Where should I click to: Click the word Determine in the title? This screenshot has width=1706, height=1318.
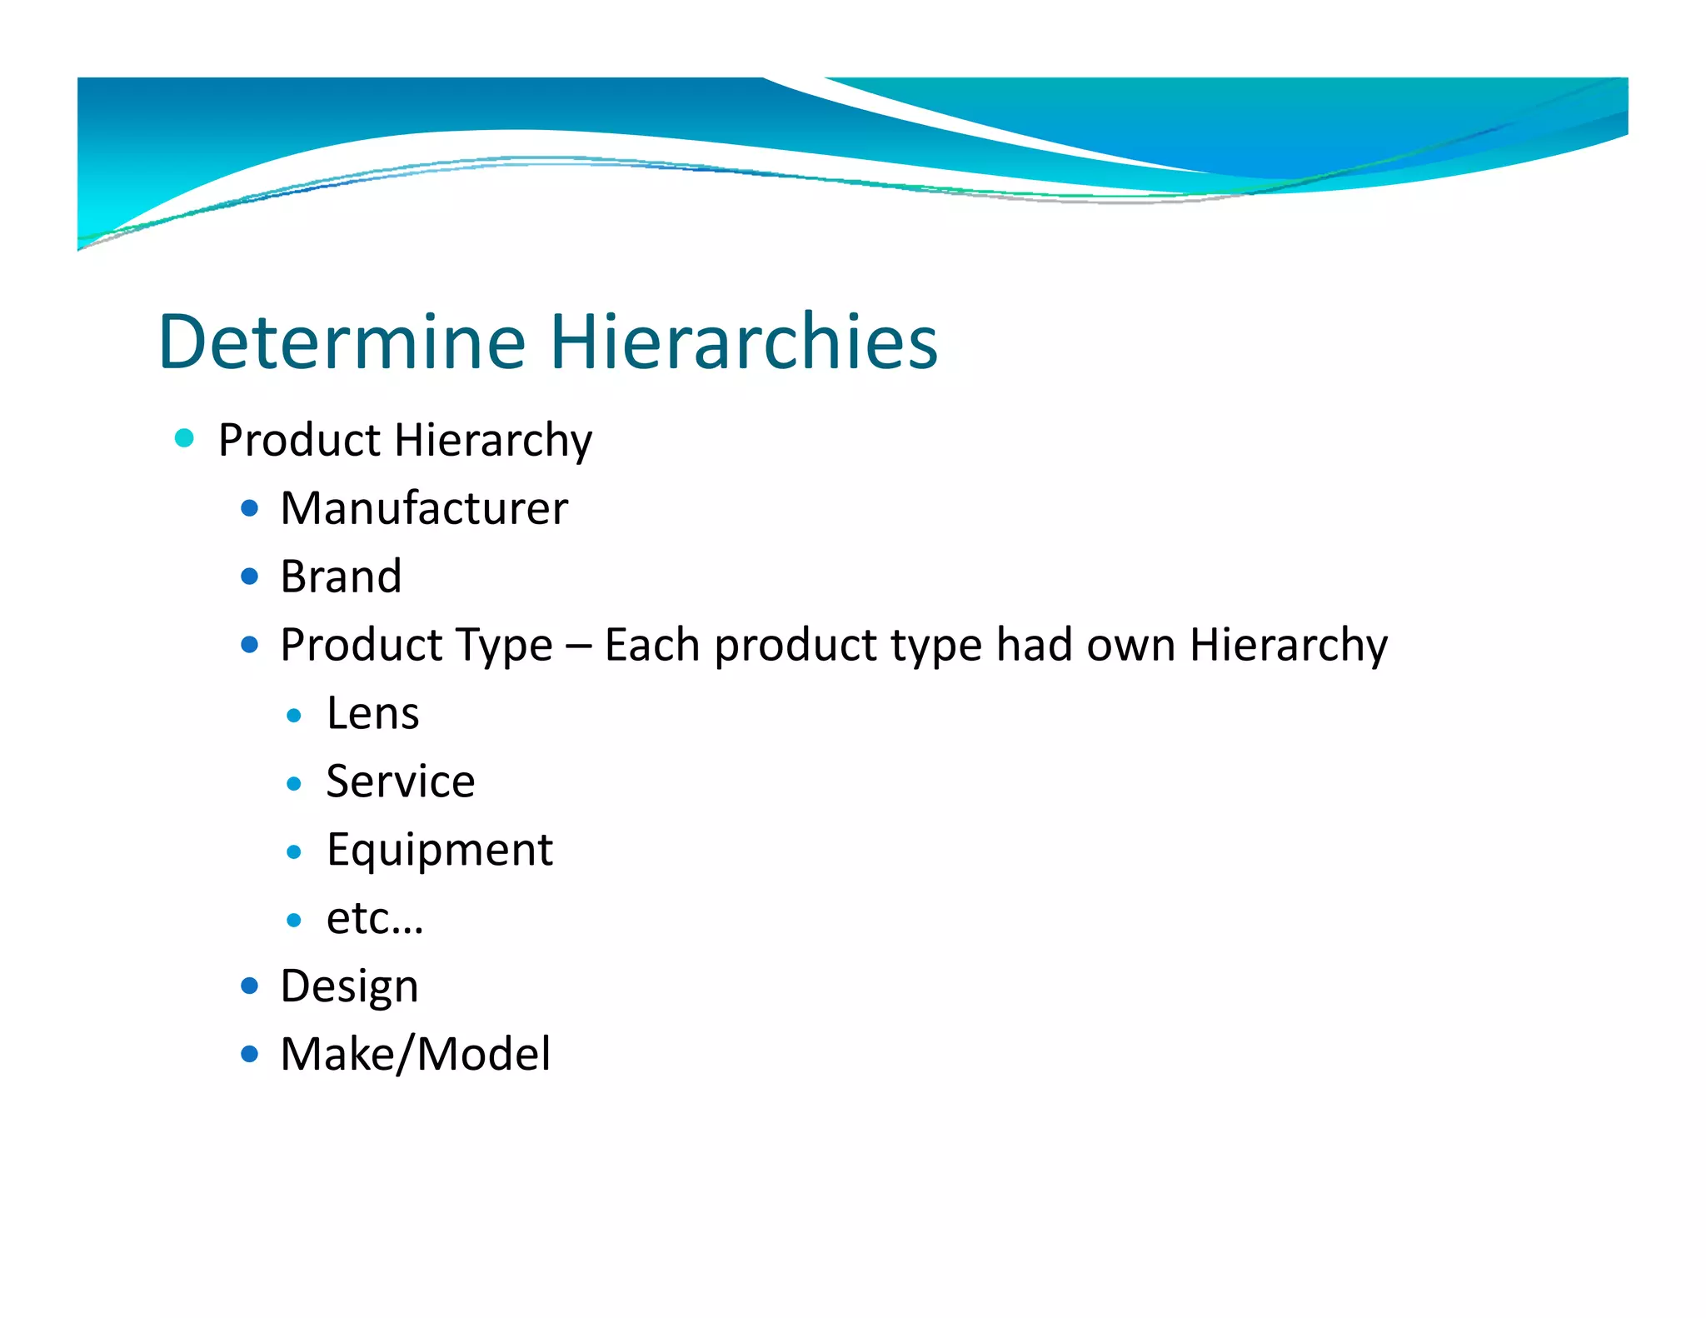coord(342,342)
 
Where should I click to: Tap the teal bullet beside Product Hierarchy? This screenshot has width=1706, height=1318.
coord(184,438)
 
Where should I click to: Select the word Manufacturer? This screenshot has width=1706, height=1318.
coord(424,508)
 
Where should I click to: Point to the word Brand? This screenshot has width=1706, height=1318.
coord(341,577)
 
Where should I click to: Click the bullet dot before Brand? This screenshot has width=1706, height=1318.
coord(249,577)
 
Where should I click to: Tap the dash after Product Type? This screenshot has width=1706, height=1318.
coord(578,647)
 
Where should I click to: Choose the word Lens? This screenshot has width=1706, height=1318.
coord(372,713)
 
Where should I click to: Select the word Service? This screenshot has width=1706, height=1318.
coord(400,781)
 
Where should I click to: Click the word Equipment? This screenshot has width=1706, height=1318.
coord(439,850)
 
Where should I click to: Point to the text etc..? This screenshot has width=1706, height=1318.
coord(374,918)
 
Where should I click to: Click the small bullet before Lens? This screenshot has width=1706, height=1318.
coord(293,716)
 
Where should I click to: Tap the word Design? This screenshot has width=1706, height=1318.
coord(349,986)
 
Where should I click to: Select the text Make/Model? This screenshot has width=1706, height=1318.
coord(415,1054)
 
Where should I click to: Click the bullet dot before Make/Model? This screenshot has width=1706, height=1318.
coord(249,1054)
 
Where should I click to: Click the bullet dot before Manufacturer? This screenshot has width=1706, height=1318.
coord(249,508)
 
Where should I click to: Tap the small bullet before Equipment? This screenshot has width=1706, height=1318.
coord(293,852)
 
